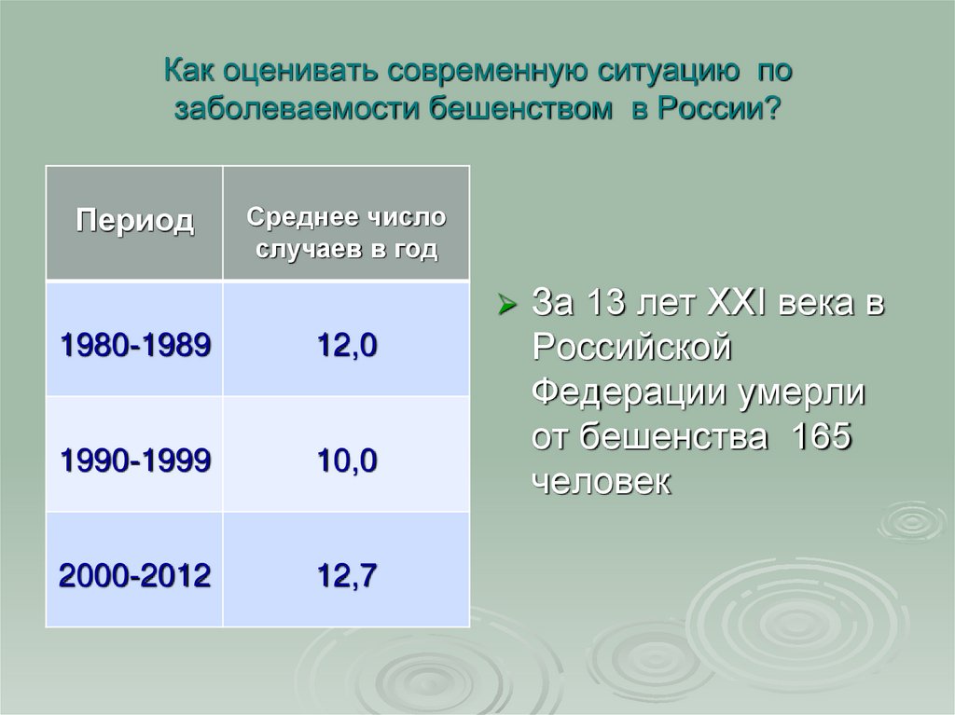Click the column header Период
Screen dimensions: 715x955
click(x=134, y=222)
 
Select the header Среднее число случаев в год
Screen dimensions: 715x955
click(x=346, y=234)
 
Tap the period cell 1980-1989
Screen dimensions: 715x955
click(x=134, y=345)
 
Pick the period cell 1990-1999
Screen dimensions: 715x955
click(x=134, y=461)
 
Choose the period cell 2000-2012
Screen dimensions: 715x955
click(x=134, y=576)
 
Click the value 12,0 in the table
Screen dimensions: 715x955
click(x=347, y=345)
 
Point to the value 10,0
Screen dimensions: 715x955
click(x=347, y=461)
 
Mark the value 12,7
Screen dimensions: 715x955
click(x=347, y=576)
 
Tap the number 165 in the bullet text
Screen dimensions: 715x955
click(x=822, y=437)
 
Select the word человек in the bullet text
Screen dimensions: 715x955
click(x=601, y=482)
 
